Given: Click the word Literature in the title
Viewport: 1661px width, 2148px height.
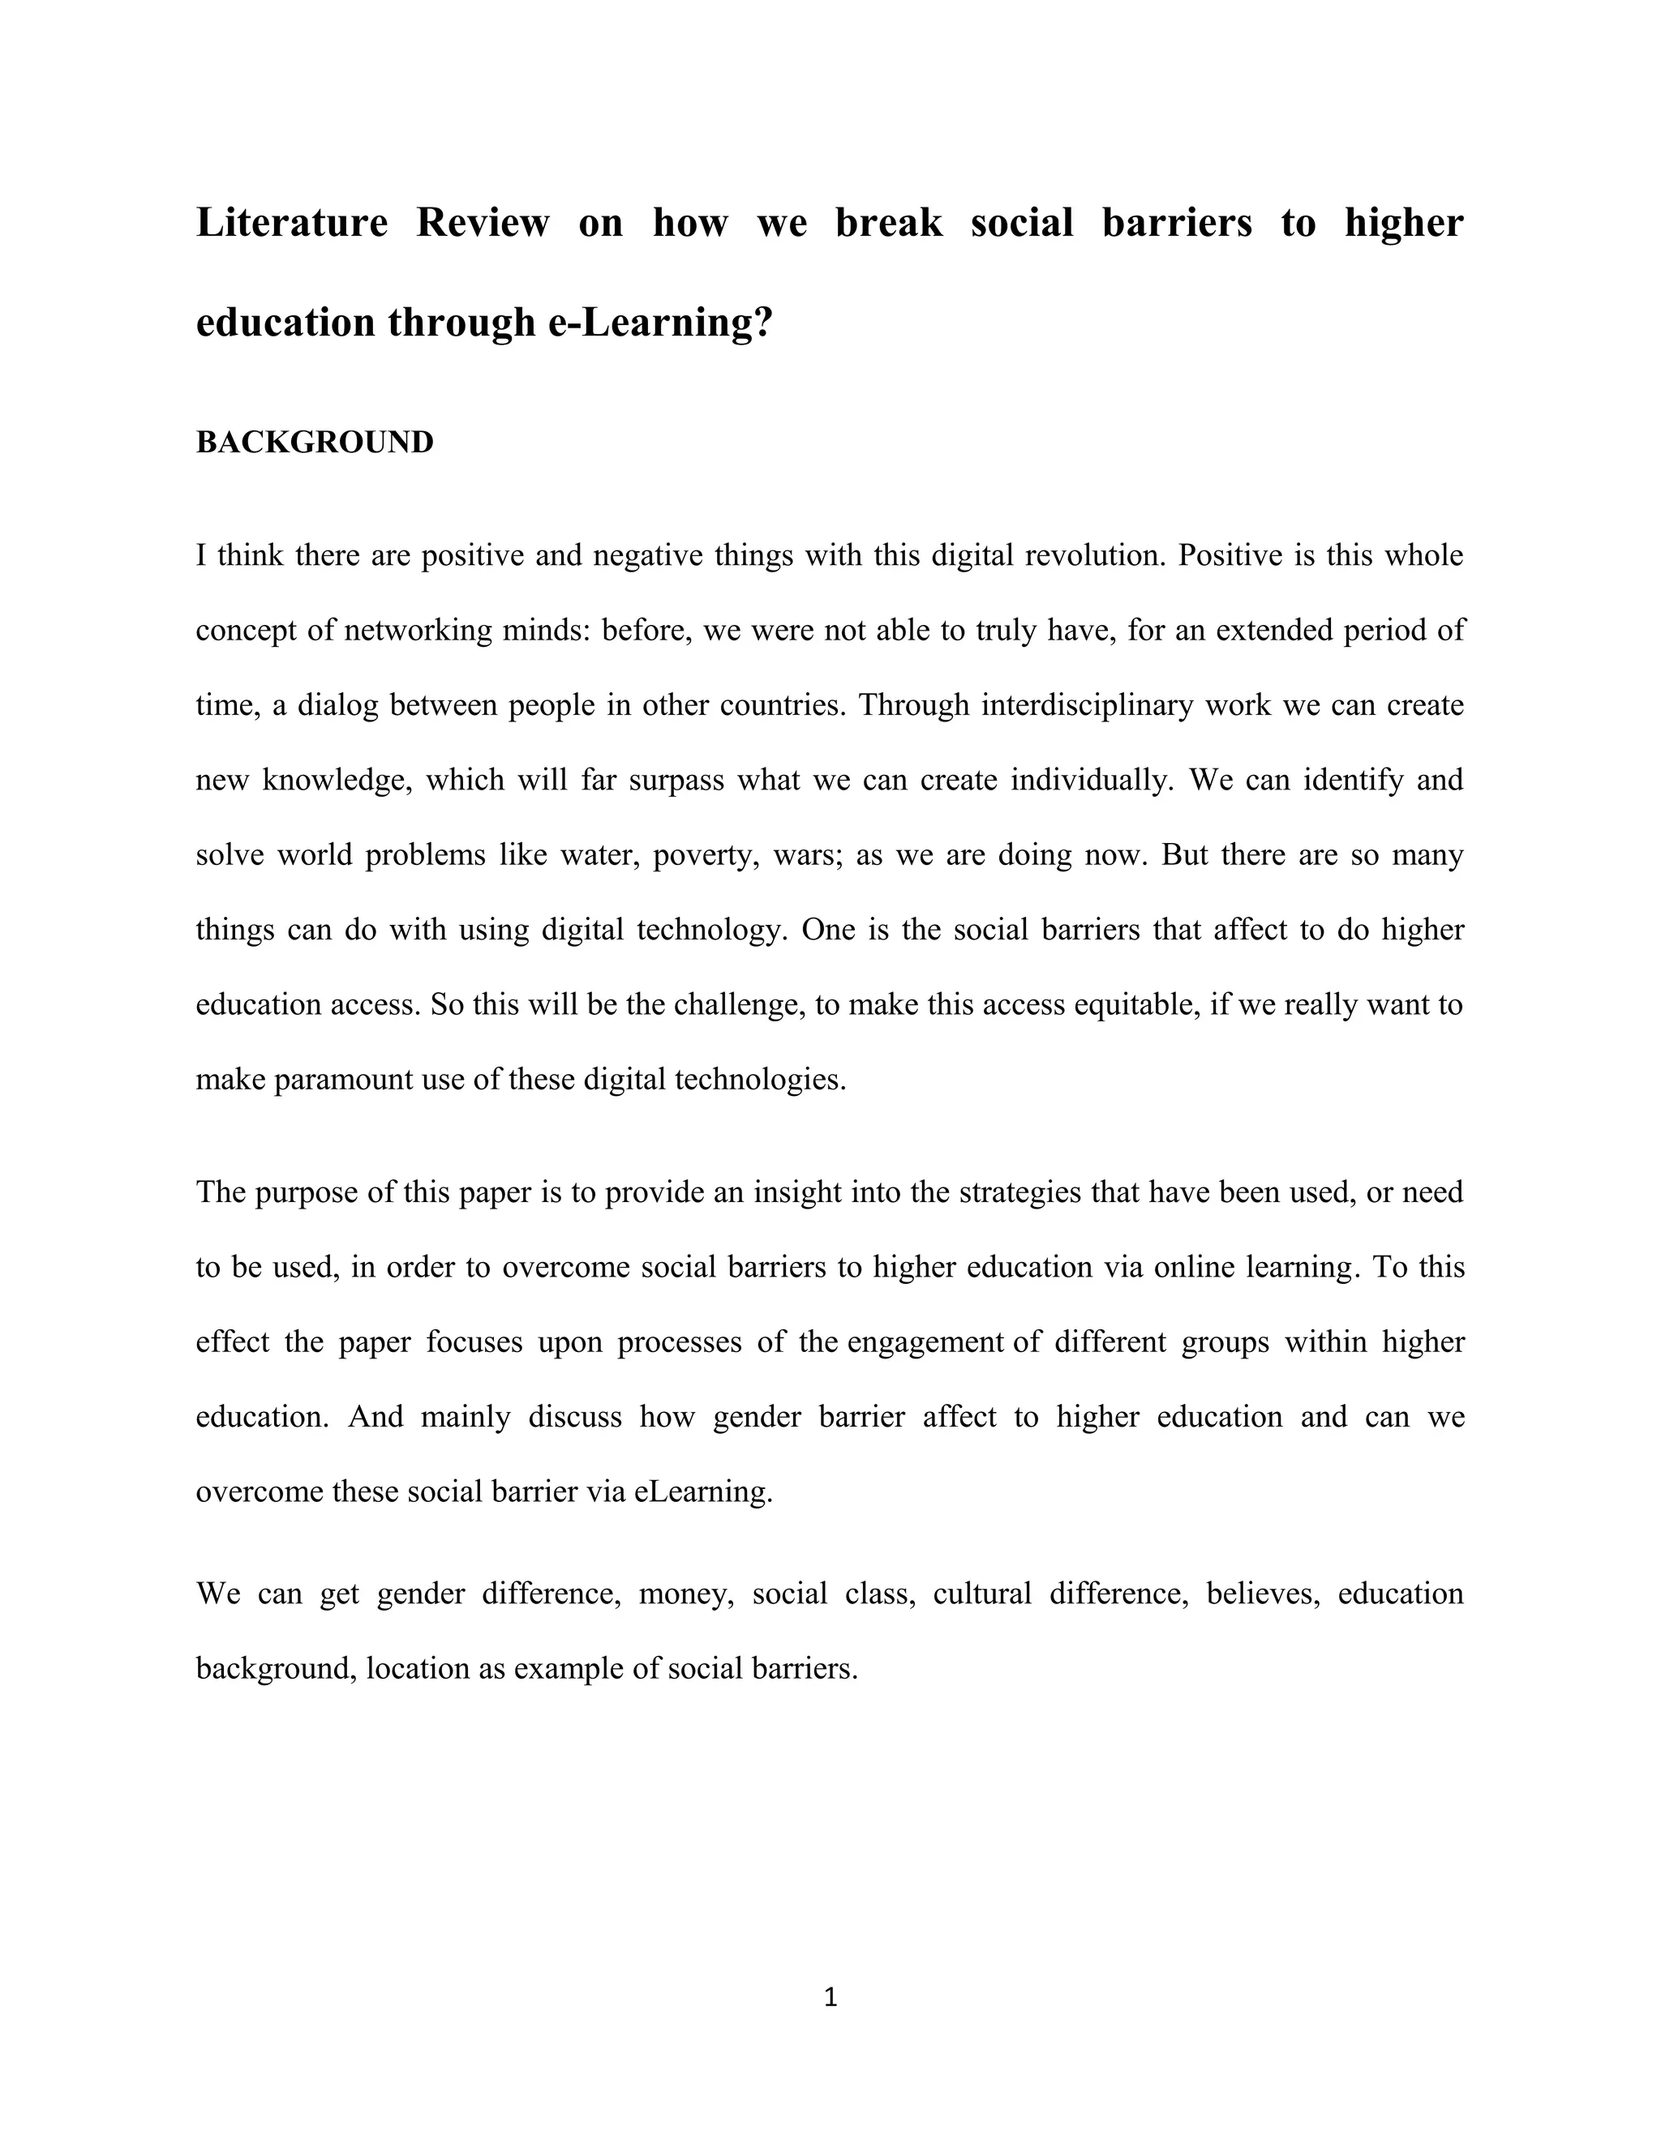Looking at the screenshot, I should [291, 223].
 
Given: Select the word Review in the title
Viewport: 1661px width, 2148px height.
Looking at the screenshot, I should [483, 223].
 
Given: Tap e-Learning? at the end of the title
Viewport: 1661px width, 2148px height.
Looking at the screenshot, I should [660, 323].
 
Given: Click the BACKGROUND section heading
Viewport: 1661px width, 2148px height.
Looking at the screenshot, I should [315, 443].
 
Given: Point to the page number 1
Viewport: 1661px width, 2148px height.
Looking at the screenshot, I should [830, 1996].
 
